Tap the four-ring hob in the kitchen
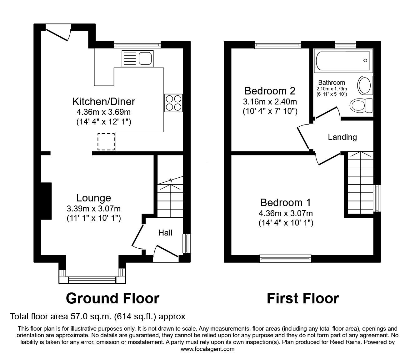click(173, 103)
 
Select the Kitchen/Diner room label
click(104, 102)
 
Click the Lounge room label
click(94, 198)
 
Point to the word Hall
click(165, 233)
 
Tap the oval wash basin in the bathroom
click(364, 85)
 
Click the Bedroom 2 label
click(270, 91)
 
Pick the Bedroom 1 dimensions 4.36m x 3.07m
click(286, 214)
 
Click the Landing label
click(342, 137)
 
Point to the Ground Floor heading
click(112, 298)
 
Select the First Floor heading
click(302, 298)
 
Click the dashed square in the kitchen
click(106, 142)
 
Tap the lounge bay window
click(92, 279)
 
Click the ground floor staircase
click(170, 200)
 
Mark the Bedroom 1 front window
click(286, 258)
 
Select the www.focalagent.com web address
click(207, 349)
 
